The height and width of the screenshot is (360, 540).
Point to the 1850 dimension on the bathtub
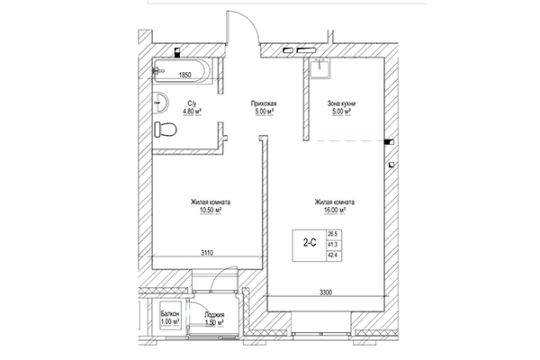pyautogui.click(x=187, y=76)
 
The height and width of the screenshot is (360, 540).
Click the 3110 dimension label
pyautogui.click(x=207, y=253)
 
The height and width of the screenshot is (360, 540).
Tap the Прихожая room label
pyautogui.click(x=263, y=104)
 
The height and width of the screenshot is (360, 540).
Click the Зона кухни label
pyautogui.click(x=340, y=104)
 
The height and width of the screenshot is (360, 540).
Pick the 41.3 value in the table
pyautogui.click(x=334, y=243)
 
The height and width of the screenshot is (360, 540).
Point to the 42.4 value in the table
pyautogui.click(x=334, y=255)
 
